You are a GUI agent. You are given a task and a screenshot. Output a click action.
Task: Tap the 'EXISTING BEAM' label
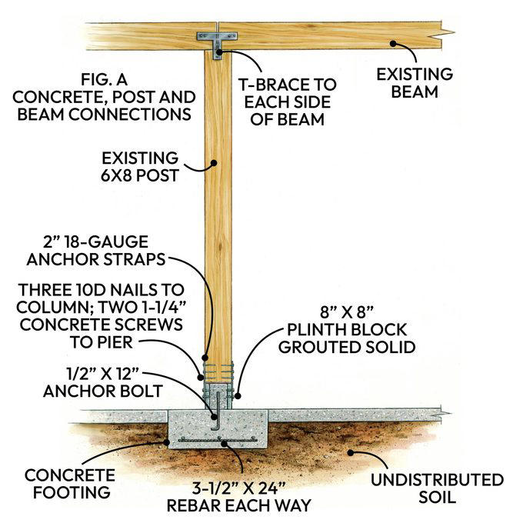pos(406,83)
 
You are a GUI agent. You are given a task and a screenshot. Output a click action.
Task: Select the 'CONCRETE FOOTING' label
pos(69,482)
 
